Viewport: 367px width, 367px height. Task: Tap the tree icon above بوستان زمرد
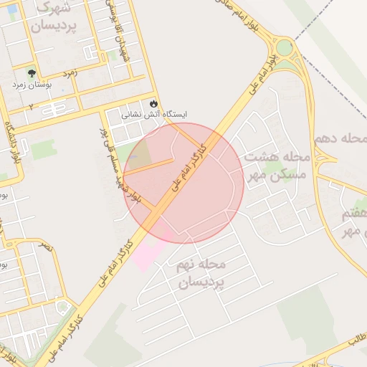coord(31,72)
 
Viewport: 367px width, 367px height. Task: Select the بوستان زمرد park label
coord(32,84)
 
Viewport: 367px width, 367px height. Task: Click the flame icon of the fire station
coord(154,103)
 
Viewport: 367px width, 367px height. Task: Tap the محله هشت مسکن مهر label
coord(275,165)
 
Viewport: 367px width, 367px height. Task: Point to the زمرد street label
coord(70,73)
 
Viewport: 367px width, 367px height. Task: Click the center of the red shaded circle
coord(183,183)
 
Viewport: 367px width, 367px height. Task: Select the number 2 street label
coord(31,106)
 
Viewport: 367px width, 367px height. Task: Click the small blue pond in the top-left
coord(12,9)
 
